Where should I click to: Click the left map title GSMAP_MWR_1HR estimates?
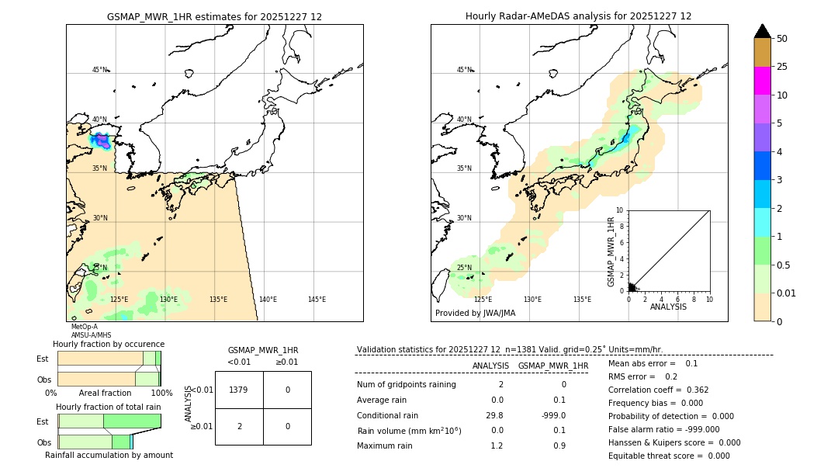pos(214,16)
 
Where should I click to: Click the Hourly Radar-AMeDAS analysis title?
pos(578,16)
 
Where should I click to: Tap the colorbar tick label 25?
pos(782,67)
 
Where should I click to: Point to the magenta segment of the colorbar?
pos(762,81)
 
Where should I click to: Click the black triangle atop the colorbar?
pos(762,31)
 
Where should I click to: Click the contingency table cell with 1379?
pos(238,390)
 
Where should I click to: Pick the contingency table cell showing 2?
pos(238,426)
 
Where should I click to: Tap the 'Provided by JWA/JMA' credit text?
pos(475,313)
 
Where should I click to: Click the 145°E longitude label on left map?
pos(317,300)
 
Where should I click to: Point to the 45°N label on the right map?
pos(464,70)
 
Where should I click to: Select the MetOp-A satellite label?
pos(84,327)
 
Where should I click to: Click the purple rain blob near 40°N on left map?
pos(101,142)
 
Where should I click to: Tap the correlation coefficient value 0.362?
pos(692,390)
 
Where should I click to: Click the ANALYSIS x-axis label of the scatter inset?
pos(668,307)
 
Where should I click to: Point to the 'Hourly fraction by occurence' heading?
pos(109,344)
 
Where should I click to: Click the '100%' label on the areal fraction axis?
pos(161,394)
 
